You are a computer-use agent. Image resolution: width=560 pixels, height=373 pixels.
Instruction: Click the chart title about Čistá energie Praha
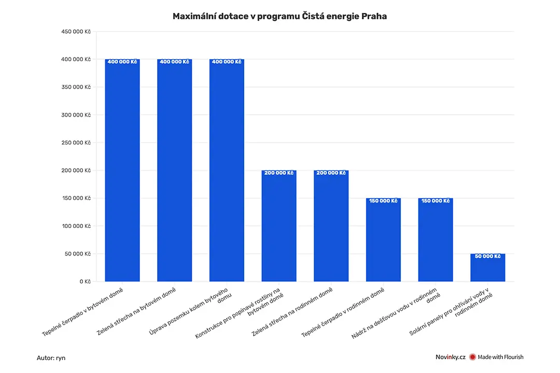click(x=279, y=17)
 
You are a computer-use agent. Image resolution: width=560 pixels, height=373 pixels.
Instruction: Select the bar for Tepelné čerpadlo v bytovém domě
click(x=122, y=170)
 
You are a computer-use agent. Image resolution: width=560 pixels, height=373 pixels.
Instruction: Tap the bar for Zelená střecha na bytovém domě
click(x=174, y=170)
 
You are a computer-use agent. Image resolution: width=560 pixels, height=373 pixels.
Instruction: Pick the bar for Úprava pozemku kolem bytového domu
click(x=227, y=170)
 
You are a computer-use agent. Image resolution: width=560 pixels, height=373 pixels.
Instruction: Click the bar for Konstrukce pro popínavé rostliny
click(x=279, y=226)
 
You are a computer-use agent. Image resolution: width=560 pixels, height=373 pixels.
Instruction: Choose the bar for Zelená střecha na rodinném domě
click(x=331, y=226)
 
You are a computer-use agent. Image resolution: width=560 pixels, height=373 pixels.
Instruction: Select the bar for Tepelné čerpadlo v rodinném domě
click(x=383, y=240)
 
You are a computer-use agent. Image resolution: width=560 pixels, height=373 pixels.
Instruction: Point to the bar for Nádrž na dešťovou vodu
click(x=436, y=240)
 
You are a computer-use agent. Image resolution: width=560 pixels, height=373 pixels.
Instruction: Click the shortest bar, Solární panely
click(x=487, y=268)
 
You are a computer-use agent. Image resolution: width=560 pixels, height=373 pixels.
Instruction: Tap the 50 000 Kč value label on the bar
click(x=487, y=256)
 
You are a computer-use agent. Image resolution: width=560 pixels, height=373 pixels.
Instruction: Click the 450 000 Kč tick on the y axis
click(x=76, y=32)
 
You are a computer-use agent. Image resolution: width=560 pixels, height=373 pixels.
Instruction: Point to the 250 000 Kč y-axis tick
click(x=76, y=142)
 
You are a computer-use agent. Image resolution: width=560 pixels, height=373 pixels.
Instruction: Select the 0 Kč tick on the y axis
click(x=86, y=281)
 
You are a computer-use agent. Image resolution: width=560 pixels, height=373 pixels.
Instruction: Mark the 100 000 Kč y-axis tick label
click(x=76, y=226)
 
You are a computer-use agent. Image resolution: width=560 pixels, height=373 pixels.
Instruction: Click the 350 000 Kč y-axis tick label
click(x=76, y=87)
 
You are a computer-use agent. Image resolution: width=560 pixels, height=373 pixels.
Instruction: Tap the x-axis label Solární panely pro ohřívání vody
click(x=451, y=312)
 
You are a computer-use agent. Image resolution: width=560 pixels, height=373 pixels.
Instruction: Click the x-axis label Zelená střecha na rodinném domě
click(x=292, y=311)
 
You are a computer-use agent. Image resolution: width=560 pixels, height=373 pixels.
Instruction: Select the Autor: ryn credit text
click(x=51, y=358)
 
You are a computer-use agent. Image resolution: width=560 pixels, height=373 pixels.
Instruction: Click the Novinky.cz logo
click(x=451, y=357)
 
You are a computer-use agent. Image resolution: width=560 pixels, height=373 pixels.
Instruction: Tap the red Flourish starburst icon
click(x=472, y=357)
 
